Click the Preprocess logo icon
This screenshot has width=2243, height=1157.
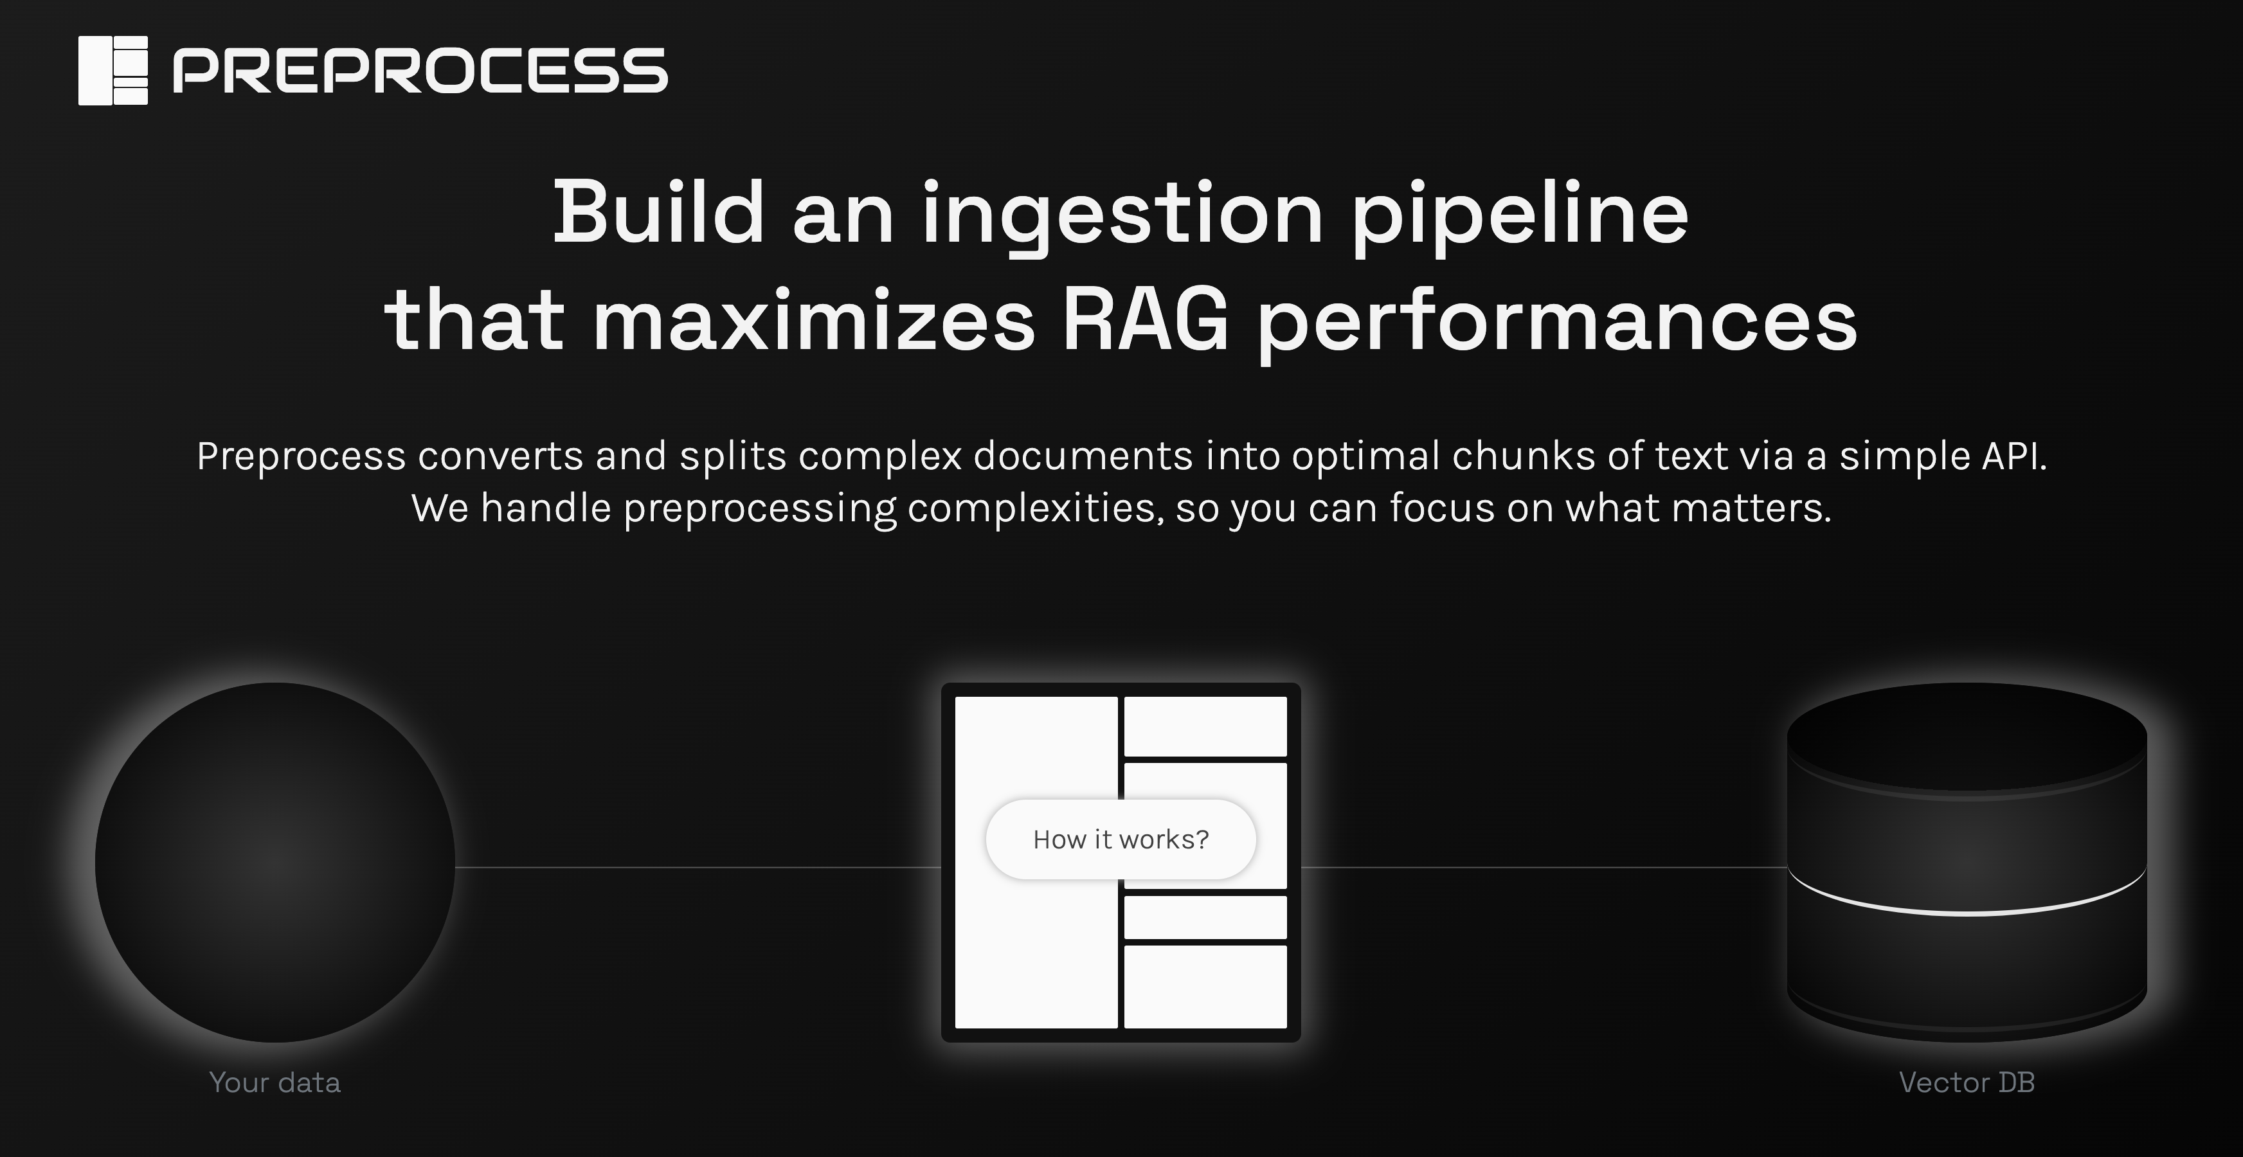point(113,71)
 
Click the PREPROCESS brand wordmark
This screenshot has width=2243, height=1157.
point(420,71)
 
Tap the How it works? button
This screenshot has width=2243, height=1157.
point(1121,839)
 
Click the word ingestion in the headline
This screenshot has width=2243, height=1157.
point(1123,218)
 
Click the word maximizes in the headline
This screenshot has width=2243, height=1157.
point(814,319)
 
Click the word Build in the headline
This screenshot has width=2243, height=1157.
point(659,212)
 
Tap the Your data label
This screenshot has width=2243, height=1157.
point(275,1082)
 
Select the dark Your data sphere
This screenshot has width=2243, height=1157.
point(275,862)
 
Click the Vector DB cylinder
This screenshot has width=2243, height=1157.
point(1967,862)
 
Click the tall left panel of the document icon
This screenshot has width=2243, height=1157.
point(1036,862)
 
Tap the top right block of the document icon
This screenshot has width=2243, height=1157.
point(1205,726)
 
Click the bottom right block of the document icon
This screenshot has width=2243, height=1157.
point(1205,987)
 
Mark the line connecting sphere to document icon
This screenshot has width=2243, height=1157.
point(698,867)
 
